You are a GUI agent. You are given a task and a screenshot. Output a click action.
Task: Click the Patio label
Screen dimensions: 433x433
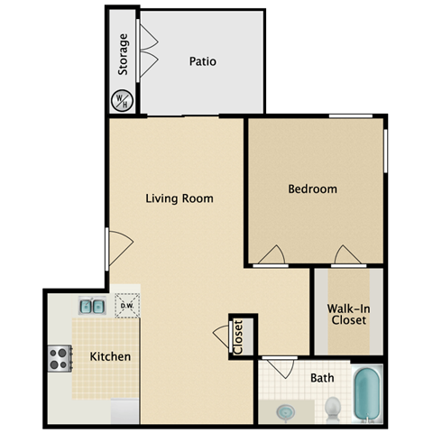(203, 62)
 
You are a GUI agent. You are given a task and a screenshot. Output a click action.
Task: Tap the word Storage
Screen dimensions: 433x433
(124, 53)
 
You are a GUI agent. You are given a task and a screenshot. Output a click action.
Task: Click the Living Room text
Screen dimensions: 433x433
(180, 198)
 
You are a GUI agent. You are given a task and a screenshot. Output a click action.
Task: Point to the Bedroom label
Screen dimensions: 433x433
(312, 189)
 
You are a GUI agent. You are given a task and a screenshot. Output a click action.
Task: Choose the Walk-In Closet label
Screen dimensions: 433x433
(347, 313)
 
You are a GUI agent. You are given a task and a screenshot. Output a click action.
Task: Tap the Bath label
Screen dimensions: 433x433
(324, 379)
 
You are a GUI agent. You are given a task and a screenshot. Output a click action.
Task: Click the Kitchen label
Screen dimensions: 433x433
(110, 356)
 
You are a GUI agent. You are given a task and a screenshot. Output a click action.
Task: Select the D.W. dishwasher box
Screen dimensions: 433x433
(127, 307)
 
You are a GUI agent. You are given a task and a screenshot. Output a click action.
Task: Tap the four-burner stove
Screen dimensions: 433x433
(60, 358)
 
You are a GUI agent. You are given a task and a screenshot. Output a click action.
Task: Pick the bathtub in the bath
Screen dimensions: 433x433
(367, 394)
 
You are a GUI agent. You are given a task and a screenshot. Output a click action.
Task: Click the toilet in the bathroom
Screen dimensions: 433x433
(332, 407)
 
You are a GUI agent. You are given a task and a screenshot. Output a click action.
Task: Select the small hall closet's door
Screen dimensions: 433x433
(222, 336)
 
